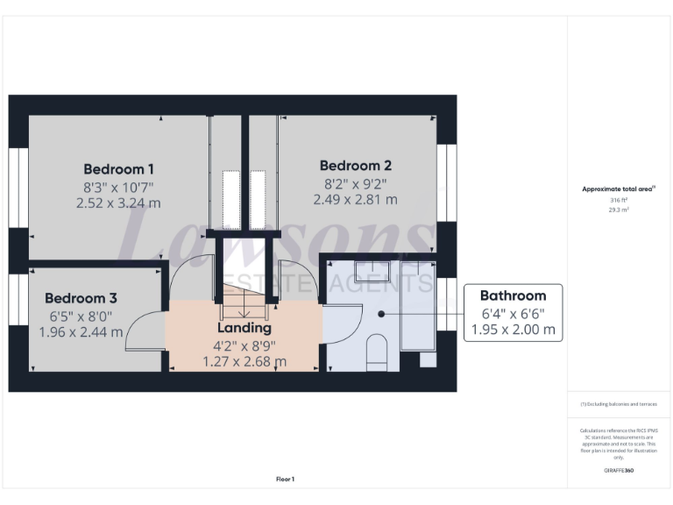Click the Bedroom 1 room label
pos(119,168)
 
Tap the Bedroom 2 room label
pos(355,166)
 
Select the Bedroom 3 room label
pos(81,298)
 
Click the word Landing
pos(244,328)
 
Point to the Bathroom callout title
pos(513,295)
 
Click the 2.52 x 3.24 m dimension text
pos(119,203)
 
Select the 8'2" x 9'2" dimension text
pos(355,183)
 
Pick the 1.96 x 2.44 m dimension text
pos(81,332)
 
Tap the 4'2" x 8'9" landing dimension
pos(244,345)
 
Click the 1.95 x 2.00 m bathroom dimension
pos(513,330)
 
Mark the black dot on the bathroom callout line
pos(382,313)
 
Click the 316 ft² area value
pos(619,201)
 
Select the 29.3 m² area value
pos(619,210)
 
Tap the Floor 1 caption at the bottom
pos(285,479)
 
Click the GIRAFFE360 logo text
pos(619,471)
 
